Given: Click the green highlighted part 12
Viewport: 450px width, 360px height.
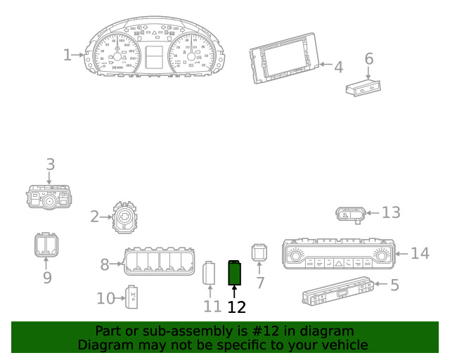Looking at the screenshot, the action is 234,273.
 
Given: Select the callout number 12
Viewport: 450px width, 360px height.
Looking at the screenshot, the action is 236,307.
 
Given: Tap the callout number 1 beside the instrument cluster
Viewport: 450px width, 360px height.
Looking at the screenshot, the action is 67,55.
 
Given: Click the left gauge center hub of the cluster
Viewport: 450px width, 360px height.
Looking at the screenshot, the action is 117,56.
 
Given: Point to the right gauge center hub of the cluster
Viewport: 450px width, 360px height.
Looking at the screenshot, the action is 191,56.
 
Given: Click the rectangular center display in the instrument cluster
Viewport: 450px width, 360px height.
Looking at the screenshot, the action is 154,58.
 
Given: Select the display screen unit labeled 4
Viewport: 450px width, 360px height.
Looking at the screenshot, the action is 284,58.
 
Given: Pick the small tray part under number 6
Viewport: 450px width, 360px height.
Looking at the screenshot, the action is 364,88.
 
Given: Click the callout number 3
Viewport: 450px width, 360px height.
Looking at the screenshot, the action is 51,165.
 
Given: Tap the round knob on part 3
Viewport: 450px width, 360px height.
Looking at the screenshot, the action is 49,202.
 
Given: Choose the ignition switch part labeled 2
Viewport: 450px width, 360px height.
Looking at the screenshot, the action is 125,217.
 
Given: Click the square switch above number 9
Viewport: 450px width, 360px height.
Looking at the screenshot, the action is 46,245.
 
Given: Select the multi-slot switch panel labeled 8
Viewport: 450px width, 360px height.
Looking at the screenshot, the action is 160,262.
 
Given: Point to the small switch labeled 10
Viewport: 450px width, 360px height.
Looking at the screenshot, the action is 131,297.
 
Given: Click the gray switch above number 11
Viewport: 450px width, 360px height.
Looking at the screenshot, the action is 209,273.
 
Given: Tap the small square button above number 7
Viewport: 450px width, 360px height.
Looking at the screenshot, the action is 259,252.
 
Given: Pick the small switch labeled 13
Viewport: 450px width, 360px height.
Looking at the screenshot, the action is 351,214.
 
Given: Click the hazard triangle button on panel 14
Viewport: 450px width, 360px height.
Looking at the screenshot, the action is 339,263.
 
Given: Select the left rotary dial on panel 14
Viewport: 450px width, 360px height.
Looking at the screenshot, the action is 295,255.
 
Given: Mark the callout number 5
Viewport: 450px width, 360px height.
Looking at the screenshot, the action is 395,285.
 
